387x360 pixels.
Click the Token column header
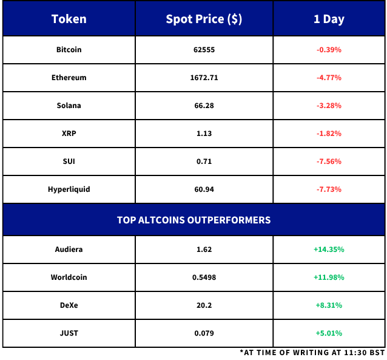pos(69,19)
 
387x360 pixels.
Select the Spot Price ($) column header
pos(204,19)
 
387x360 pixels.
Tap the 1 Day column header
pos(329,19)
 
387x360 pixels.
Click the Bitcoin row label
pos(69,50)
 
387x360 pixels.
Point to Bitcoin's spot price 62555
pos(204,50)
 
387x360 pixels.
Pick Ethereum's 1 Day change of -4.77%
pos(329,78)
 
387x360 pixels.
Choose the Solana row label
pos(69,106)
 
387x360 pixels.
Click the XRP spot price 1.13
pos(204,134)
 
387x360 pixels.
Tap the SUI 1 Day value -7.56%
pos(329,161)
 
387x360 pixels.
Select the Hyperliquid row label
pos(69,189)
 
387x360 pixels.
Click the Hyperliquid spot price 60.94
pos(204,189)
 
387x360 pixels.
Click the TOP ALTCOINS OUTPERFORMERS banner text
pos(193,220)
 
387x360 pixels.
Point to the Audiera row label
pos(69,250)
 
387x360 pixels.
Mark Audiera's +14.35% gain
pos(329,250)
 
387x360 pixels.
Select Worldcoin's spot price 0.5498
pos(204,277)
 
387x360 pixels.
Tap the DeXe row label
pos(69,305)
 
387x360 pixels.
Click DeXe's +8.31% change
pos(329,305)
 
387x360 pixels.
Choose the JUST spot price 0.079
pos(204,333)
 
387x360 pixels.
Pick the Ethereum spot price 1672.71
pos(204,78)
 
